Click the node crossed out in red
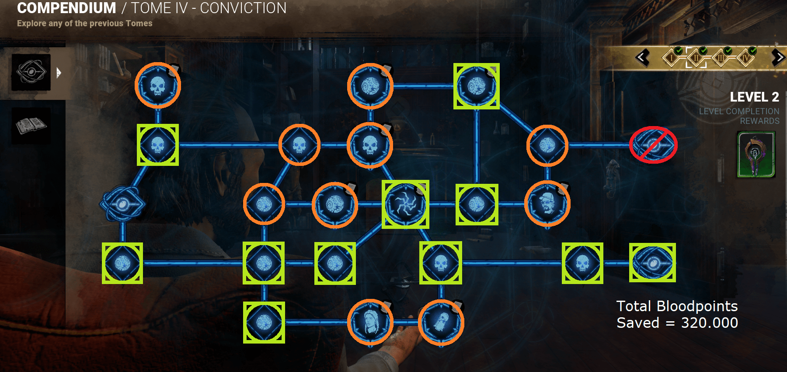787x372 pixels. pyautogui.click(x=653, y=145)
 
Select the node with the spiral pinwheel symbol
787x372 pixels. pyautogui.click(x=405, y=204)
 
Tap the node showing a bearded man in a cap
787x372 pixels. pyautogui.click(x=547, y=204)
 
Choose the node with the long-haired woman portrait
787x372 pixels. pyautogui.click(x=370, y=323)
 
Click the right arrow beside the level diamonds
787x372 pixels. pyautogui.click(x=778, y=57)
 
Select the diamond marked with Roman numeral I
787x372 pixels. pyautogui.click(x=672, y=58)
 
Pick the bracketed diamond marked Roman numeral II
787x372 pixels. pyautogui.click(x=696, y=58)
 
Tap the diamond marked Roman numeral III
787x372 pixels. pyautogui.click(x=721, y=58)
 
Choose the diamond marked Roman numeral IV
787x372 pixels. pyautogui.click(x=745, y=58)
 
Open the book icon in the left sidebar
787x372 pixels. pyautogui.click(x=31, y=126)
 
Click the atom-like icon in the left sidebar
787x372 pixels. pyautogui.click(x=31, y=72)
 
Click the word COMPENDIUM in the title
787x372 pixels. pyautogui.click(x=66, y=8)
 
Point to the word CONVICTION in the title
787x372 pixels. pyautogui.click(x=243, y=8)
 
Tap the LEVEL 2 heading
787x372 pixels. pyautogui.click(x=754, y=97)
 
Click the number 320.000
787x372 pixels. pyautogui.click(x=709, y=323)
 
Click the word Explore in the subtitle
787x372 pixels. pyautogui.click(x=31, y=23)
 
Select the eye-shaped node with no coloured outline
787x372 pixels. pyautogui.click(x=122, y=204)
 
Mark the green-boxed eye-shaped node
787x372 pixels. pyautogui.click(x=652, y=263)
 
